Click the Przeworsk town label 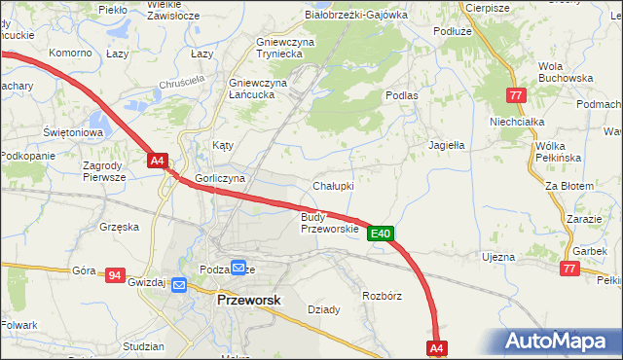tap(247, 302)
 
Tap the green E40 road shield tap(381, 234)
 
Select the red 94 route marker tap(115, 276)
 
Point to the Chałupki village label tap(333, 185)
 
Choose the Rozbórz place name tap(382, 295)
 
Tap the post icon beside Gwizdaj tap(178, 284)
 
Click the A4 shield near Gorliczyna tap(159, 162)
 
